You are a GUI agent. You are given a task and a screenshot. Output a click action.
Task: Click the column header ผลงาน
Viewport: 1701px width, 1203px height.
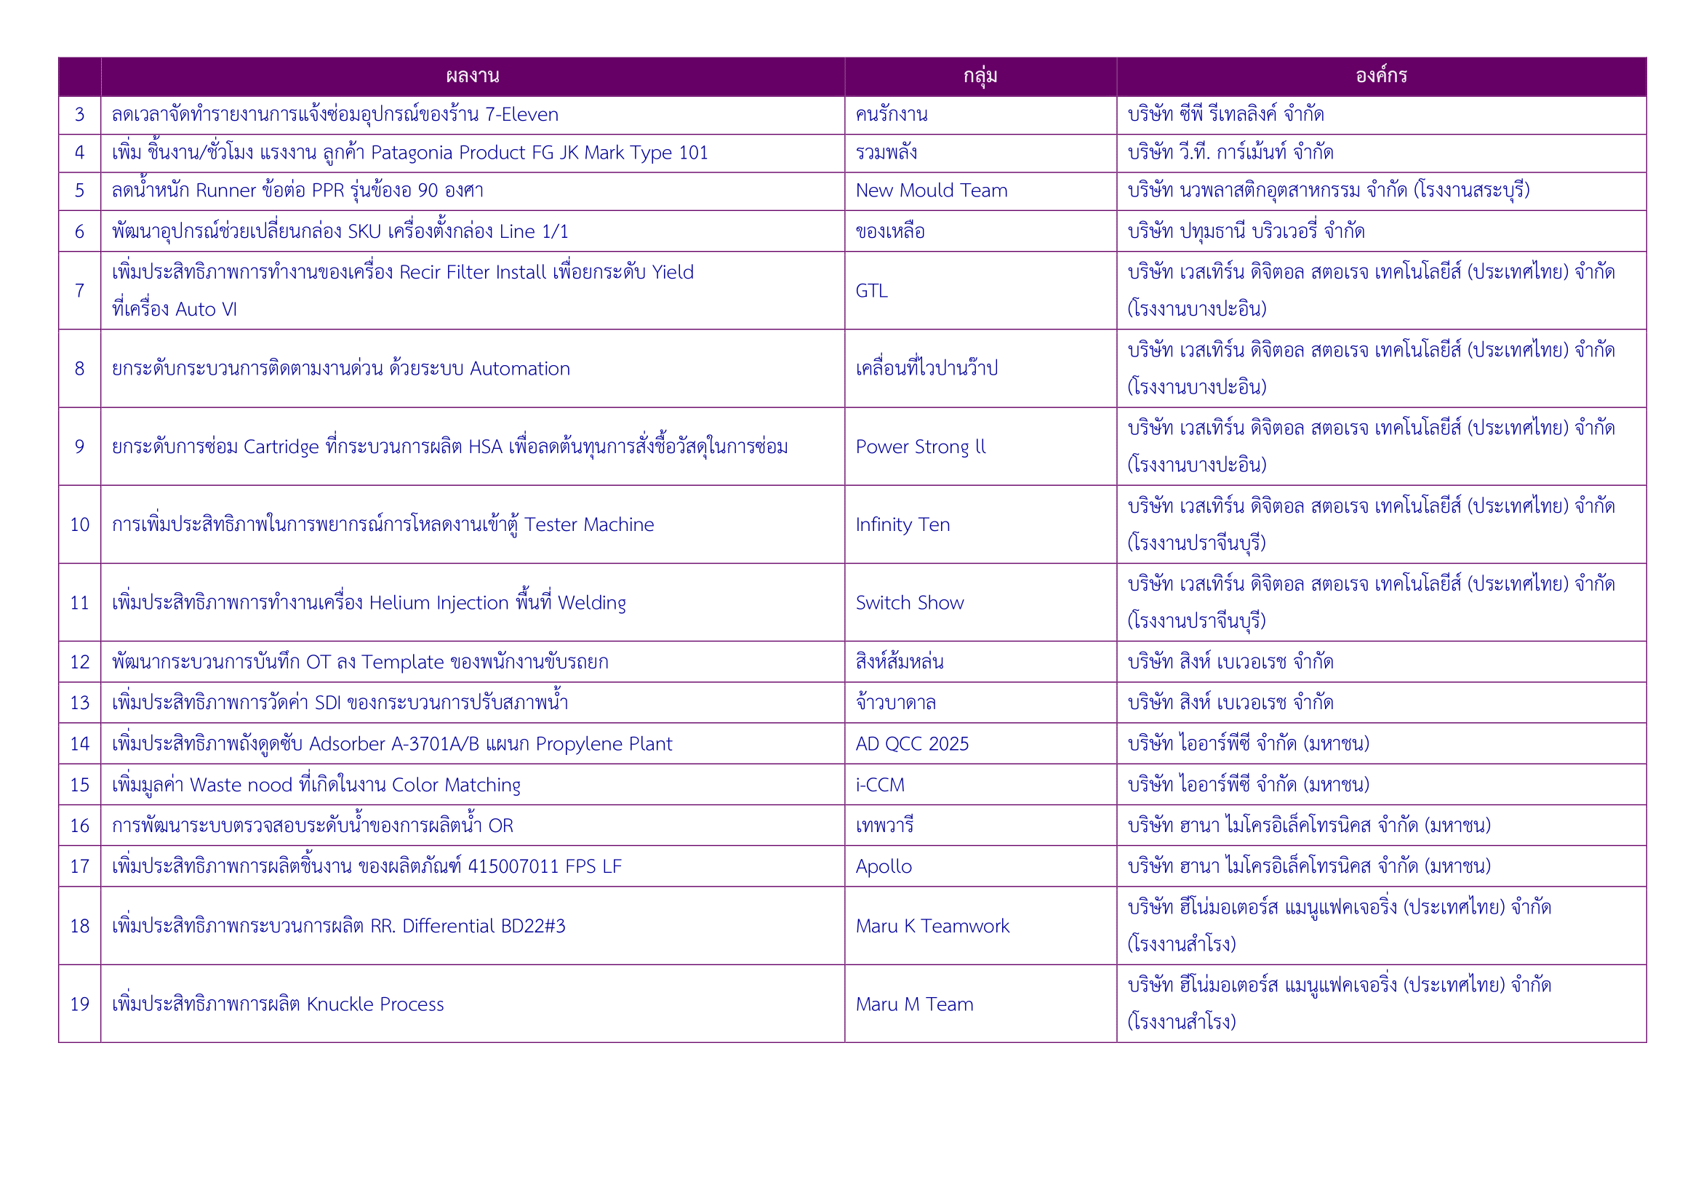473,76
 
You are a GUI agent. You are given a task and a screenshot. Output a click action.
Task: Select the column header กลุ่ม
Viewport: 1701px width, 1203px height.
980,76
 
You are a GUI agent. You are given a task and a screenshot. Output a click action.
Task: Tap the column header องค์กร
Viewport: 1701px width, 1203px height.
1381,76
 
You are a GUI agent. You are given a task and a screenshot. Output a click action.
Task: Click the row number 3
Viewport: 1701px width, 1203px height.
79,115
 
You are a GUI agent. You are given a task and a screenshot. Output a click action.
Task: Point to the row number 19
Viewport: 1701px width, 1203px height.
79,1004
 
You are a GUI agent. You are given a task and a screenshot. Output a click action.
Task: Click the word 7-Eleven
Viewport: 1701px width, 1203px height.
521,115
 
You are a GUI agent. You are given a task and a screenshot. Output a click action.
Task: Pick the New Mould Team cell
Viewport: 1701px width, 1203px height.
932,191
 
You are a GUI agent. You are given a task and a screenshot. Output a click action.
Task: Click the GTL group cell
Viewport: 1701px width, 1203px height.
871,291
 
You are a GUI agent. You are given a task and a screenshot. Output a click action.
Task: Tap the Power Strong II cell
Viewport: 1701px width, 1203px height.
920,447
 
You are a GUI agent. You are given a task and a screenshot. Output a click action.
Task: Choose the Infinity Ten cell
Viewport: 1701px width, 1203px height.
902,525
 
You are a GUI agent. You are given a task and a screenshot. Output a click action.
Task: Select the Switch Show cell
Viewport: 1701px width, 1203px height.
910,603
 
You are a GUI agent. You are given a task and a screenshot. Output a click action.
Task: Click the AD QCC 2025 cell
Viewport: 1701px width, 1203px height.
912,744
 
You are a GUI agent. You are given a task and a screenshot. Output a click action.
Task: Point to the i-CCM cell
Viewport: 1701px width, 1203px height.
880,786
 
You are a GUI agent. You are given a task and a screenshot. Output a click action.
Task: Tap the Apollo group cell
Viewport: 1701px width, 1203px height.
883,867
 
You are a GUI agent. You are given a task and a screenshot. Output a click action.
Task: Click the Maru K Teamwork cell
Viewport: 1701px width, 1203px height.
932,926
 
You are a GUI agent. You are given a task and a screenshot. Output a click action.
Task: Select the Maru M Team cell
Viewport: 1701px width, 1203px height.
914,1004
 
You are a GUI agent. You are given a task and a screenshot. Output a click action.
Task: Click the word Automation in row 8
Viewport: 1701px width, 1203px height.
520,369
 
